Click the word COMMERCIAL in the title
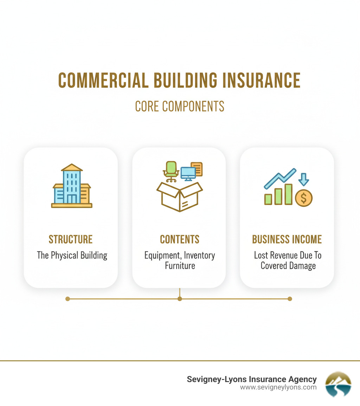pos(102,81)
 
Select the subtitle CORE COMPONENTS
pos(180,106)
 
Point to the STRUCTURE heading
pos(71,240)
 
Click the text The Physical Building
pos(72,255)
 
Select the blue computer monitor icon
pos(188,173)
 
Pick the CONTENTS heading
pos(180,240)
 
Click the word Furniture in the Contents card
pos(180,265)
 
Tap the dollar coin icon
pos(304,198)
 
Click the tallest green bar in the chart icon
pos(288,194)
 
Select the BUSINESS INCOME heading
pos(287,240)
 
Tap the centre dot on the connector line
pos(180,299)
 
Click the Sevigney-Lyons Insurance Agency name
pos(252,379)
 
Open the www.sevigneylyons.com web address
pos(278,387)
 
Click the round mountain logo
pos(338,384)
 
